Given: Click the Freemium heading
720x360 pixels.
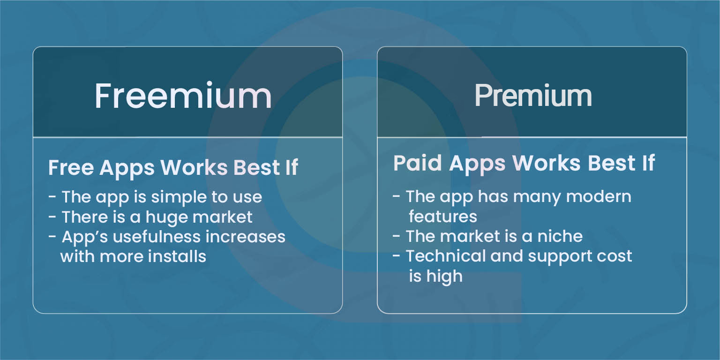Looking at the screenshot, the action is tap(183, 96).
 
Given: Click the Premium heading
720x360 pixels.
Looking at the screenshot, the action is tap(533, 96).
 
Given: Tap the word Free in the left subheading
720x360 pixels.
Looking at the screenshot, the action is tap(71, 167).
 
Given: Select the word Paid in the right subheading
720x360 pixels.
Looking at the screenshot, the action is tap(418, 163).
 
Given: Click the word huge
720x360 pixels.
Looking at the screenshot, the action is tap(166, 217).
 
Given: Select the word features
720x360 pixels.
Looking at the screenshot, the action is tap(443, 216).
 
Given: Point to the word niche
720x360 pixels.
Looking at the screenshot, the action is tap(560, 236).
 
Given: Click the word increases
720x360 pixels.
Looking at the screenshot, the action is tap(245, 237).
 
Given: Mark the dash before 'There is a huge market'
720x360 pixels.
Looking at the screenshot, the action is tap(52, 217).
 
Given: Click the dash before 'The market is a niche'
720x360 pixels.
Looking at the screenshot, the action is tap(396, 236).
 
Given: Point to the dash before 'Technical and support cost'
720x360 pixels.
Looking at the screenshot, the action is tap(396, 256).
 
